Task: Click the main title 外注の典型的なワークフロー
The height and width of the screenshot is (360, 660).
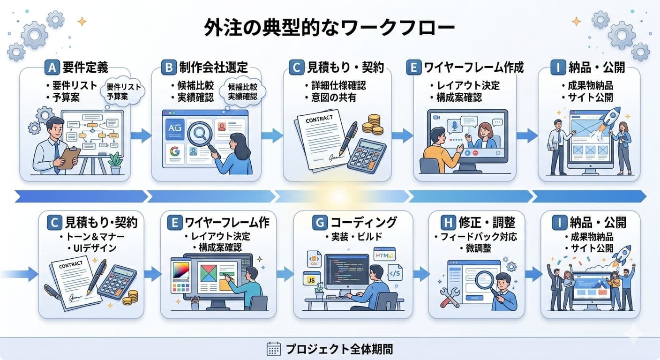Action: pos(330,28)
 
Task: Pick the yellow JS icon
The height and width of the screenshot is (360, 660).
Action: pos(311,280)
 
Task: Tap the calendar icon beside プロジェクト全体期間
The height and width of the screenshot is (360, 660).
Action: pos(273,349)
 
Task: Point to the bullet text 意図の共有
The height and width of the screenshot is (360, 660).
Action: pos(334,97)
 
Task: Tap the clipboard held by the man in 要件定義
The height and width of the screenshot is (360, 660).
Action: pos(69,157)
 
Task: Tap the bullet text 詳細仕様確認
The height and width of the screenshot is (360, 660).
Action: pos(338,85)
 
